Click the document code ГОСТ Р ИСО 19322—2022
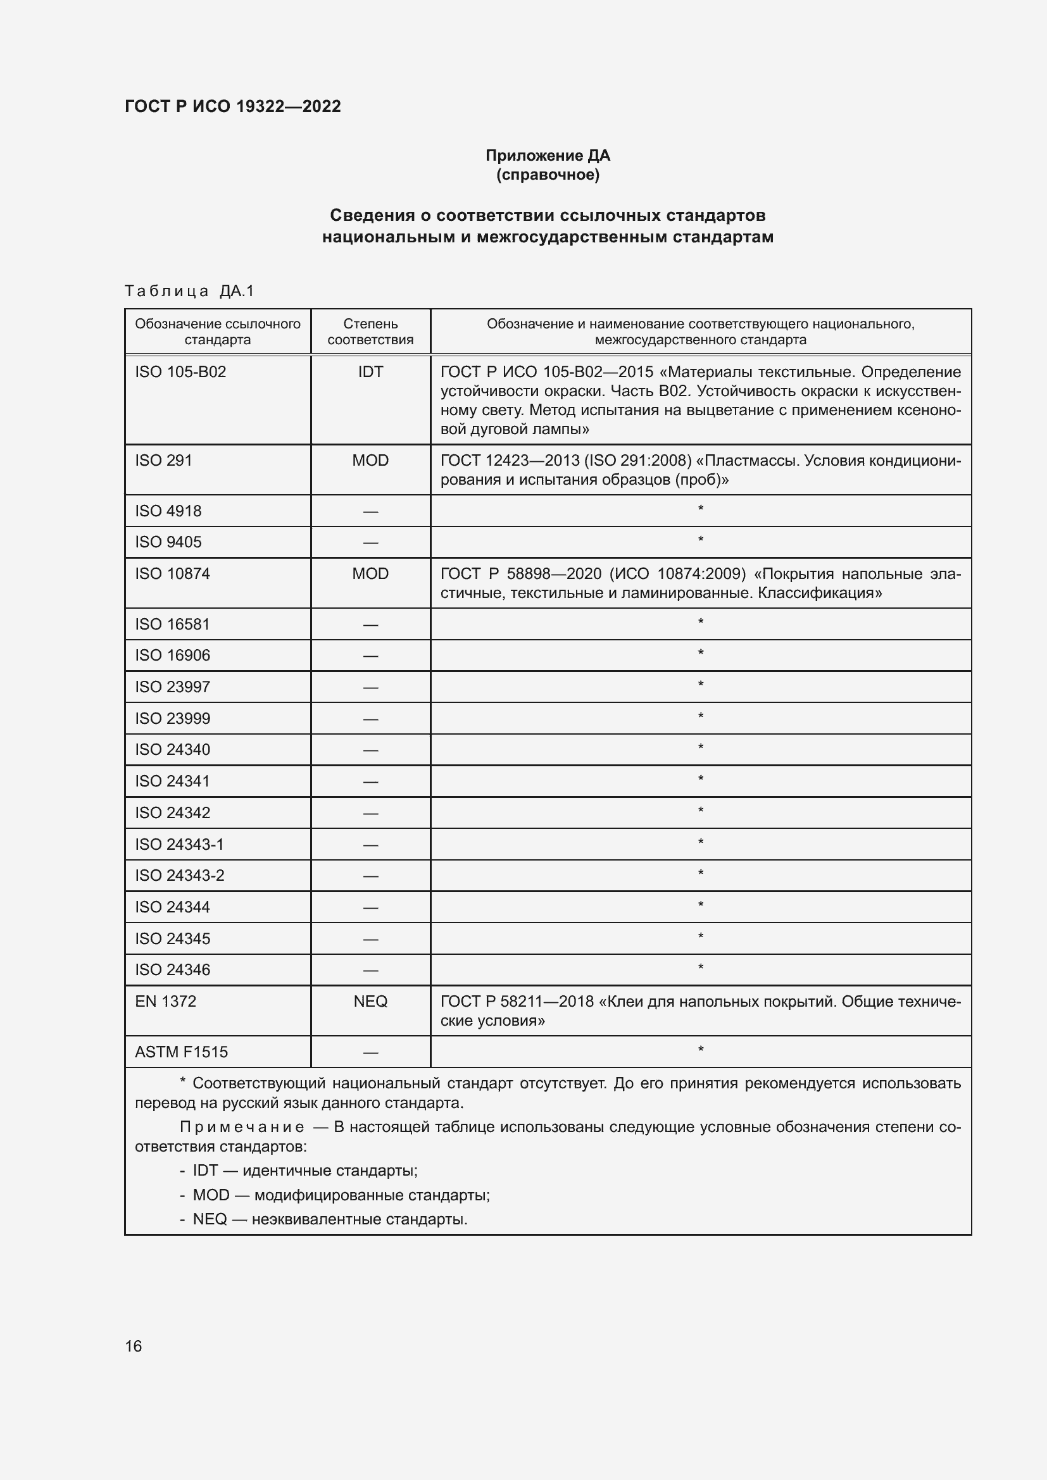click(232, 106)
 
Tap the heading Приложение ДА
click(548, 156)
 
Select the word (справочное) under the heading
click(548, 175)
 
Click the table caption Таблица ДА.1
click(189, 291)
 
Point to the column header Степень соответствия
click(370, 332)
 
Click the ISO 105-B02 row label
click(180, 372)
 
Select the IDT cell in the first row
click(370, 372)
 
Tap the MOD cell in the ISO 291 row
click(370, 460)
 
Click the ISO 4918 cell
click(168, 511)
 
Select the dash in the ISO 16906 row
click(370, 656)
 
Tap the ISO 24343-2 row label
click(180, 875)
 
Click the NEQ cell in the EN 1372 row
click(370, 1001)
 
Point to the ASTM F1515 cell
click(182, 1052)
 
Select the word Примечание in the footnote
click(242, 1127)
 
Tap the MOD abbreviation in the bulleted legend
click(211, 1195)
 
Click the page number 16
click(134, 1346)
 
